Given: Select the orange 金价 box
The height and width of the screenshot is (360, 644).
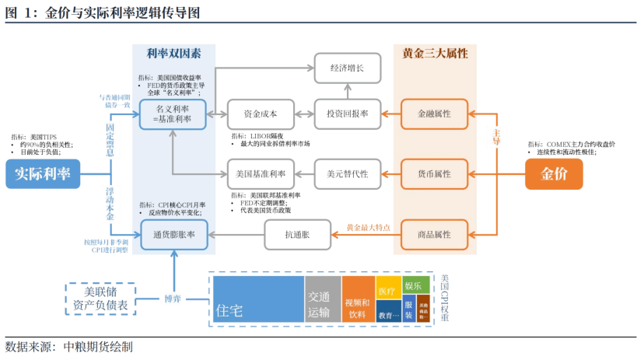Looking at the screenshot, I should click(x=553, y=174).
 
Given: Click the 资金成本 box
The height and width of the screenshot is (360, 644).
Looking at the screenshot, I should click(x=260, y=114).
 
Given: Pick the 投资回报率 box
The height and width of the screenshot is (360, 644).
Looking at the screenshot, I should click(x=347, y=114).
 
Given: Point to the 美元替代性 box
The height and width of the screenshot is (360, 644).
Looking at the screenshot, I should click(x=347, y=173).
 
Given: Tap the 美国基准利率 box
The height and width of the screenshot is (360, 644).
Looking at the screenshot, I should click(x=260, y=173).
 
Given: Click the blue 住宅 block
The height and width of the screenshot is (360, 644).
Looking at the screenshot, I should click(x=258, y=299).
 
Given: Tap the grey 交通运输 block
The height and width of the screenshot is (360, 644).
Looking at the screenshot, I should click(x=322, y=299).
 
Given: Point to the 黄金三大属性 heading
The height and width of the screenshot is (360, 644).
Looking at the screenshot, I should click(x=435, y=54).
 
